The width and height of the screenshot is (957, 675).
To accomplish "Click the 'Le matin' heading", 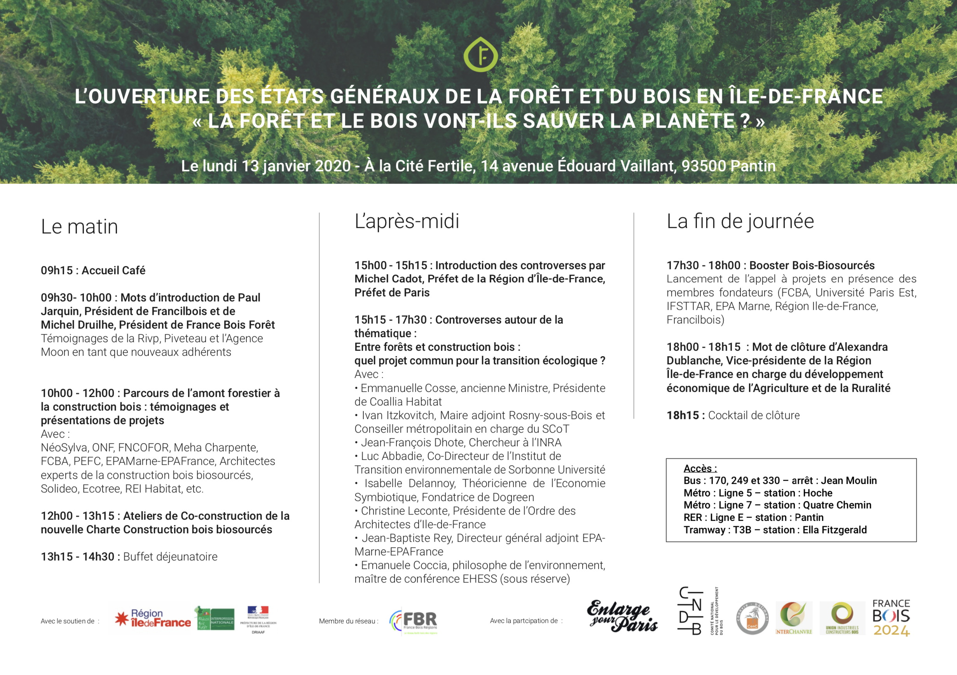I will [79, 227].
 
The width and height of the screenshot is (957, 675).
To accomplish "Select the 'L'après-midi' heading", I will [407, 221].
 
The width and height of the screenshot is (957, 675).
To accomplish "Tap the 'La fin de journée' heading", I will [740, 221].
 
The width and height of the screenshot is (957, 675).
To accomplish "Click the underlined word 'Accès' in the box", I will [699, 468].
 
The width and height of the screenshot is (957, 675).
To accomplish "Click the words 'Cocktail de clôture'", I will [754, 415].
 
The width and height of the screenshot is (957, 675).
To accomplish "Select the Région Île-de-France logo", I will [152, 618].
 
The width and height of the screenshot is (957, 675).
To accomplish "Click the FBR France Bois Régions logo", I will [414, 621].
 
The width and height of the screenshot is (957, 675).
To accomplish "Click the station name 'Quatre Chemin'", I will [837, 505].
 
